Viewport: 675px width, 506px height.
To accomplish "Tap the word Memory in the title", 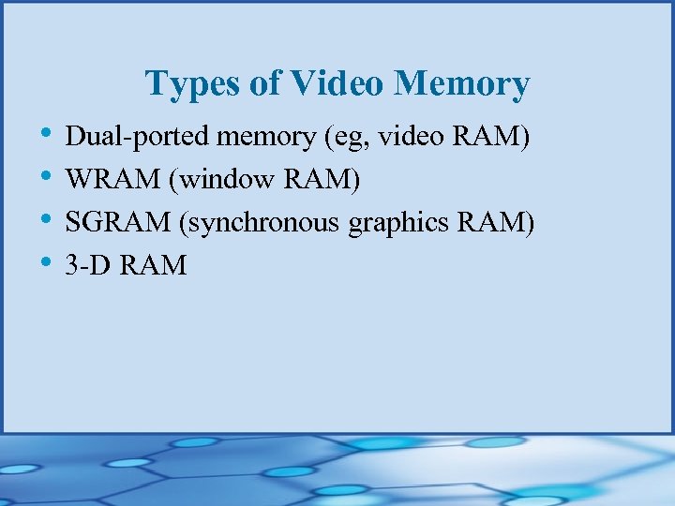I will pos(461,84).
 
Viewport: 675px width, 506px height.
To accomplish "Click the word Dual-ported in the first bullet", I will pos(138,139).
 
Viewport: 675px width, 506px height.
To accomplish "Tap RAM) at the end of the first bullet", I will pos(491,139).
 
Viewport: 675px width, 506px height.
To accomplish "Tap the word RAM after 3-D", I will pos(154,266).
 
